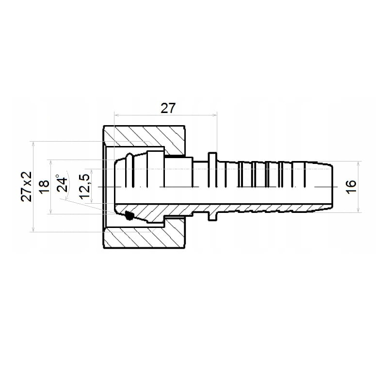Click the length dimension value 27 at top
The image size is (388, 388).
pos(168,108)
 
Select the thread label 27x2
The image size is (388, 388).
pos(27,187)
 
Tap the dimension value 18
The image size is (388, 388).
pos(44,187)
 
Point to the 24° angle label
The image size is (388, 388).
pos(62,183)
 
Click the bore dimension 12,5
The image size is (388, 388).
pos(84,186)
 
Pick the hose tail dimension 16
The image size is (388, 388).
pos(351,187)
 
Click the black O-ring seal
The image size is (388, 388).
pos(129,215)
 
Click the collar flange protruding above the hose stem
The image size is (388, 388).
pos(212,157)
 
